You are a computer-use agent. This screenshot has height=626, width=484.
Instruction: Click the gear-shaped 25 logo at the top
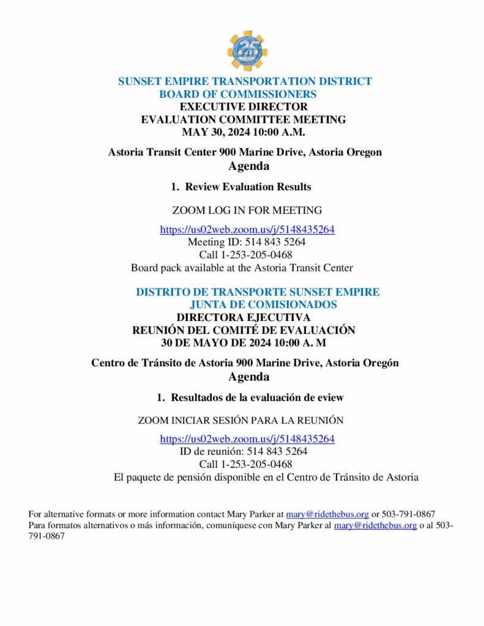coord(247,51)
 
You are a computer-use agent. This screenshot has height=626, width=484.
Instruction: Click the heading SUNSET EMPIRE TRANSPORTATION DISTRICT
coord(245,81)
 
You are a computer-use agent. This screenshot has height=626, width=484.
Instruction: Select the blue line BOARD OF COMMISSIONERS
coord(237,94)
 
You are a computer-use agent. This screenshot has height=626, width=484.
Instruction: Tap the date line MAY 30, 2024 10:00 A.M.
coord(244,131)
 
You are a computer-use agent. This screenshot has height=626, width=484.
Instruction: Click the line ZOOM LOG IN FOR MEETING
coord(247,210)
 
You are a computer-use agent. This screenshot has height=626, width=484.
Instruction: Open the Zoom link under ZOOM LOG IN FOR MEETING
coord(247,230)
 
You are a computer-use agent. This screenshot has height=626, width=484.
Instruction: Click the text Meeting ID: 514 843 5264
coord(247,242)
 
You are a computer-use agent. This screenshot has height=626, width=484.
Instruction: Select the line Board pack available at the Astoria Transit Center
coord(242,267)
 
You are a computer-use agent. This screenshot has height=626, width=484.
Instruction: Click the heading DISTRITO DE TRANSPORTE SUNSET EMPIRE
coord(257,292)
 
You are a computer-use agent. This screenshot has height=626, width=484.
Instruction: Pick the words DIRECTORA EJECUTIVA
coord(243,317)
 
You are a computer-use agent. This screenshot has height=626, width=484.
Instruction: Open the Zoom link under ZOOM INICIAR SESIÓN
coord(247,439)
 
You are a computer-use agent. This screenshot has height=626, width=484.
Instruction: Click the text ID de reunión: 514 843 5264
coord(244,452)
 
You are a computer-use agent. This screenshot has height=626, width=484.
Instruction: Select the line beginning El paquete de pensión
coord(266,477)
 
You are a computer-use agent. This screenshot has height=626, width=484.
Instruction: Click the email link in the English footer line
coord(327,514)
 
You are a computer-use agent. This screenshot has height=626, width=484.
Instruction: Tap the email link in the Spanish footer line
coord(375,525)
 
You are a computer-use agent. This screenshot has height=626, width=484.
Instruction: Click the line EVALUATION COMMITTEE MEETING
coord(244,119)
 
